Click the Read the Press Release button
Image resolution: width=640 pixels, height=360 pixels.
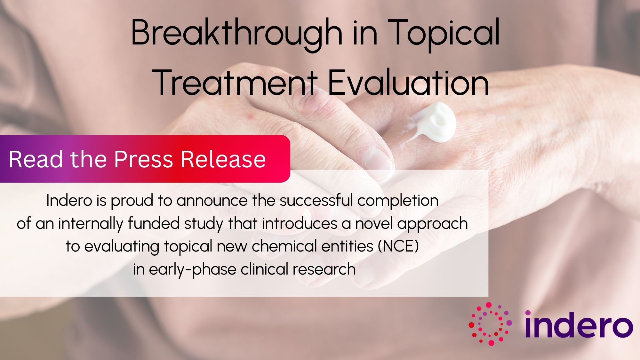coord(145,159)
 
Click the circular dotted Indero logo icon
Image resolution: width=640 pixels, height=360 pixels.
coord(490,324)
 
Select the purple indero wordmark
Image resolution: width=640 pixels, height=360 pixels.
coord(579,324)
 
